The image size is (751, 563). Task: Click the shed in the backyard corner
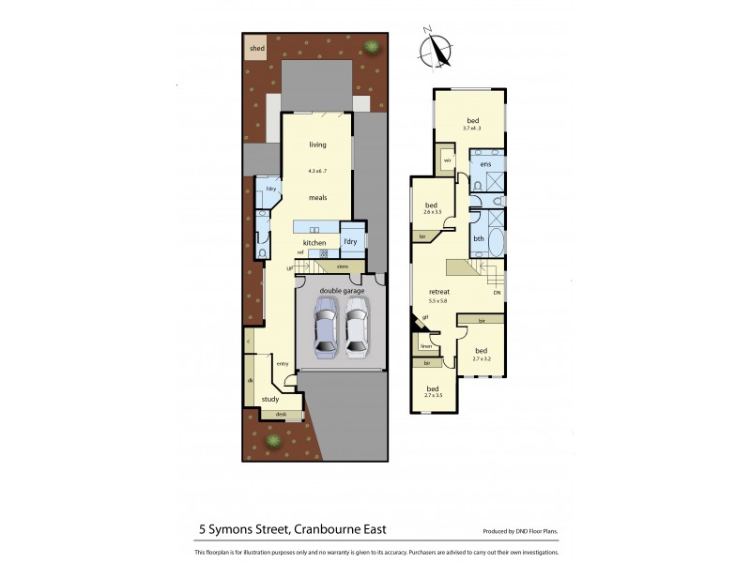pyautogui.click(x=255, y=48)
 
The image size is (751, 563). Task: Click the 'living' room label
pyautogui.click(x=317, y=145)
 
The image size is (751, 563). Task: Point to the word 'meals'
pyautogui.click(x=317, y=198)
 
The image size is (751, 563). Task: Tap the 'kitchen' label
pyautogui.click(x=314, y=243)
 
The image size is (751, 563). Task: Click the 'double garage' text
pyautogui.click(x=341, y=292)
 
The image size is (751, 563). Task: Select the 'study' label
pyautogui.click(x=270, y=399)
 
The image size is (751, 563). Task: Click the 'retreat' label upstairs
pyautogui.click(x=438, y=292)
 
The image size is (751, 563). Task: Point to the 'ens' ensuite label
pyautogui.click(x=485, y=164)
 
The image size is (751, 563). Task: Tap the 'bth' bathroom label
pyautogui.click(x=479, y=238)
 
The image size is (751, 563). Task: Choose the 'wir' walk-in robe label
pyautogui.click(x=447, y=160)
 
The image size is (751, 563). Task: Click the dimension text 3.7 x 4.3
pyautogui.click(x=471, y=129)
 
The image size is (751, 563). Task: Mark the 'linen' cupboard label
pyautogui.click(x=425, y=346)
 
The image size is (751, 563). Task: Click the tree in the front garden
pyautogui.click(x=273, y=440)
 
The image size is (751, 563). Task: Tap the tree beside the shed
pyautogui.click(x=372, y=46)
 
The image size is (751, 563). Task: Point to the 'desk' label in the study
pyautogui.click(x=281, y=414)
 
